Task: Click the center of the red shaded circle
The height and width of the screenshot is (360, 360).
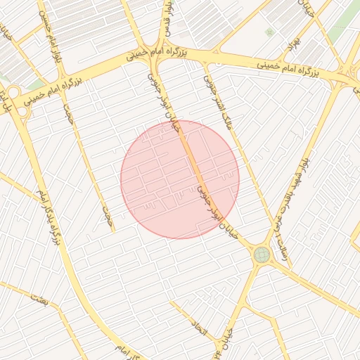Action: click(180, 179)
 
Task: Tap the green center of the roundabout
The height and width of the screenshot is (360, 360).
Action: click(262, 254)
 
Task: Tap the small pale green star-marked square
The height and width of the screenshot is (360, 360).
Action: click(269, 32)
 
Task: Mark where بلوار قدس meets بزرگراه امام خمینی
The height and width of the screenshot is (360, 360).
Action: click(159, 58)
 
